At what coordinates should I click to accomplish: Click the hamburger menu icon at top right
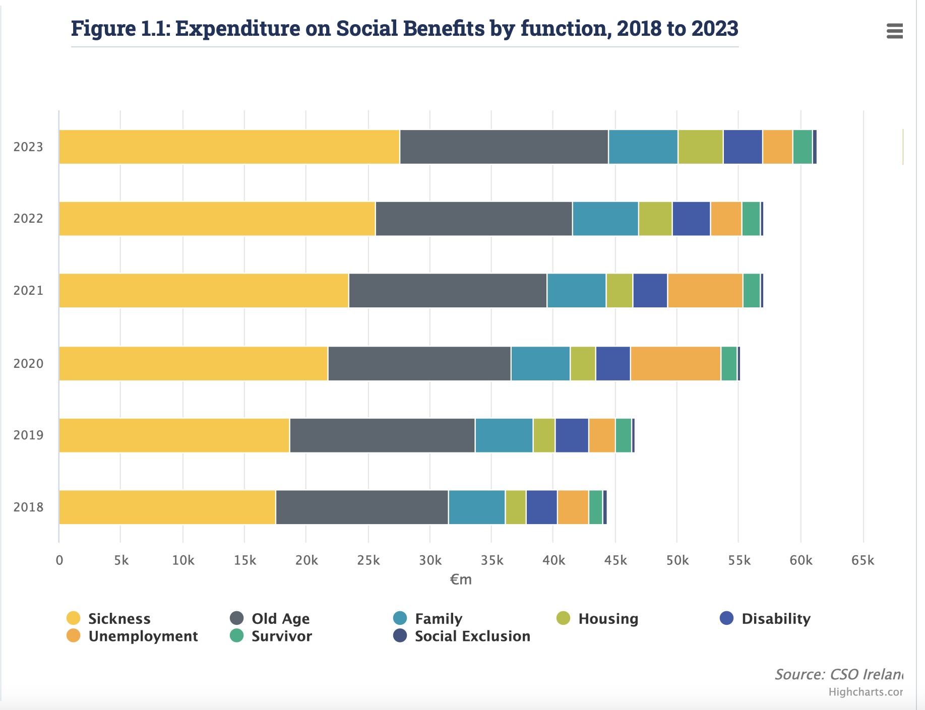tap(894, 31)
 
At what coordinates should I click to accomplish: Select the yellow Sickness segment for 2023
tap(229, 147)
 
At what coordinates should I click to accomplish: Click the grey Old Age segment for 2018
tap(362, 507)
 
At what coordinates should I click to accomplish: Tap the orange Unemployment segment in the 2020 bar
tap(675, 363)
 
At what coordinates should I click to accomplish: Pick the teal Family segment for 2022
tap(605, 219)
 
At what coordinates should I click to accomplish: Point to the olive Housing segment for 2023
tap(700, 147)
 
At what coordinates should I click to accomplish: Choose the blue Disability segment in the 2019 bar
tap(572, 435)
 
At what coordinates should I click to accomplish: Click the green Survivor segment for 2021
tap(752, 291)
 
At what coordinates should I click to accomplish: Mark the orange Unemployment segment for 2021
tap(705, 291)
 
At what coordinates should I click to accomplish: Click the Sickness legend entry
tap(119, 618)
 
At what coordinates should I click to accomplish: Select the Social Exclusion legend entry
tap(472, 636)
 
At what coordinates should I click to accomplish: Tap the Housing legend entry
tap(607, 618)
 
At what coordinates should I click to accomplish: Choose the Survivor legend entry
tap(281, 636)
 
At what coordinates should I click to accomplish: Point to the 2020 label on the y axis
tap(28, 363)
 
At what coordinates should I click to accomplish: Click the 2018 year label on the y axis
tap(28, 507)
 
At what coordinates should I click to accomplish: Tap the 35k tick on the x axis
tap(491, 560)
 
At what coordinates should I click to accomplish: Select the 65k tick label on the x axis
tap(862, 560)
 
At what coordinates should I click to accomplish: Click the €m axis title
tap(461, 579)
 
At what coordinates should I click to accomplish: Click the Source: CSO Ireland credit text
tap(839, 674)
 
